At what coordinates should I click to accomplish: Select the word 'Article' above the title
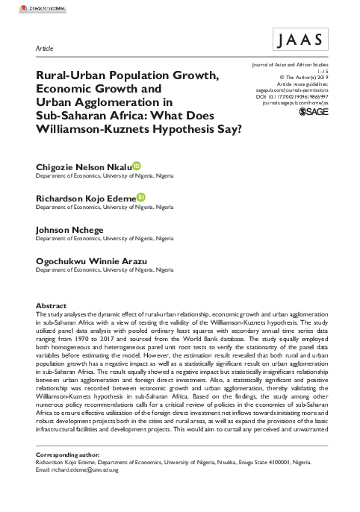pos(45,48)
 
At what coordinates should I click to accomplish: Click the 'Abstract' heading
pos(52,306)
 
